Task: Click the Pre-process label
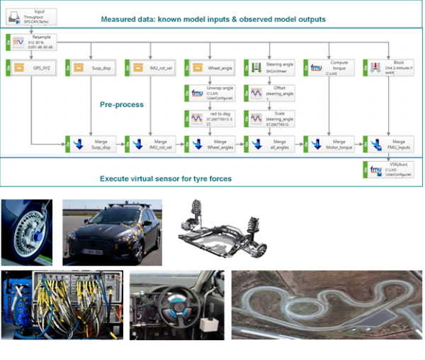click(122, 103)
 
